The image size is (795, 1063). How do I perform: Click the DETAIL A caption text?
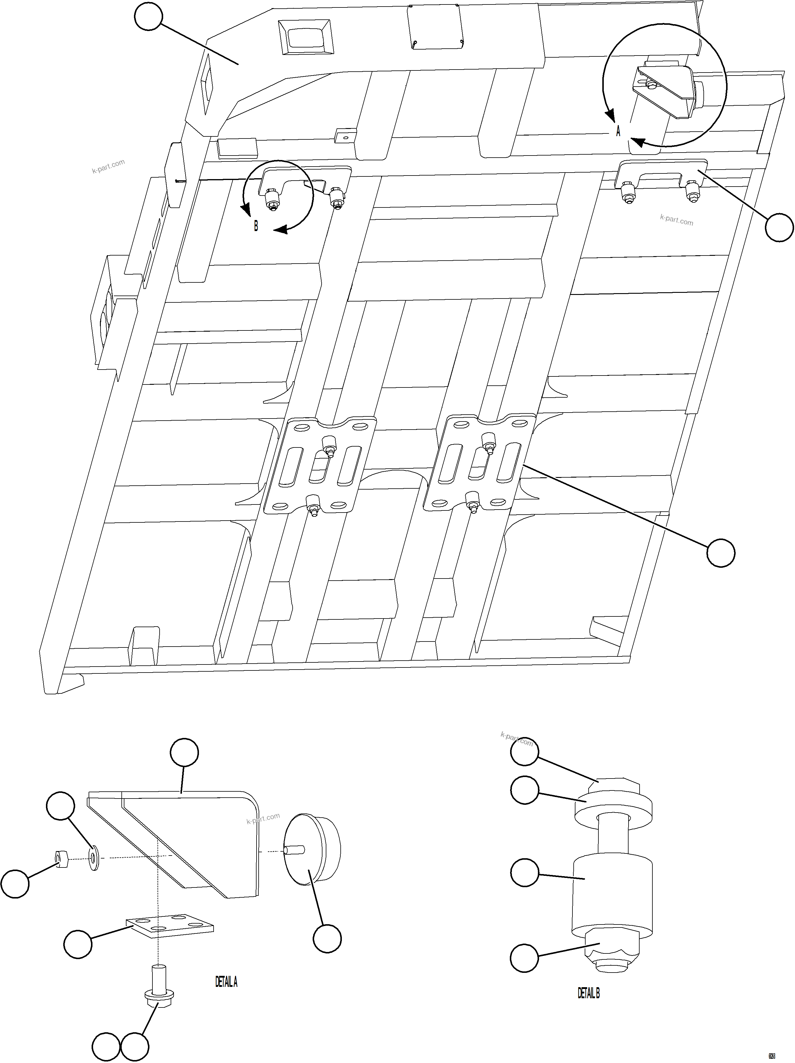(226, 982)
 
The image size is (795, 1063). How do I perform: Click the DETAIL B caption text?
(589, 993)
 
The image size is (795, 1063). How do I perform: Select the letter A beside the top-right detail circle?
(618, 131)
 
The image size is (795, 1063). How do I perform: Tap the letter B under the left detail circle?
(256, 226)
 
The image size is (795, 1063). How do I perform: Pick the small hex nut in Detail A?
(61, 859)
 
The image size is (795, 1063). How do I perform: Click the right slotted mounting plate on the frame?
(479, 462)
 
